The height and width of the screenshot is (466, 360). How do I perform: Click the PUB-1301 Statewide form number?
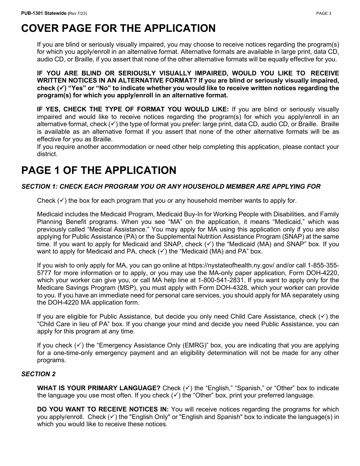44,13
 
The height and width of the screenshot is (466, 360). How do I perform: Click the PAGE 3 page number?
324,13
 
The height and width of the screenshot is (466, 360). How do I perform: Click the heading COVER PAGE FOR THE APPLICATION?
118,28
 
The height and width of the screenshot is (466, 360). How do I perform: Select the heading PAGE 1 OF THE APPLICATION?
99,170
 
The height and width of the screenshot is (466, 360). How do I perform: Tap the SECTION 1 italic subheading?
171,186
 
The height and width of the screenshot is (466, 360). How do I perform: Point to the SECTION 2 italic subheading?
38,374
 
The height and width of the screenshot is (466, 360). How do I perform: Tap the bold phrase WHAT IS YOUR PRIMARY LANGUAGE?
99,388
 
